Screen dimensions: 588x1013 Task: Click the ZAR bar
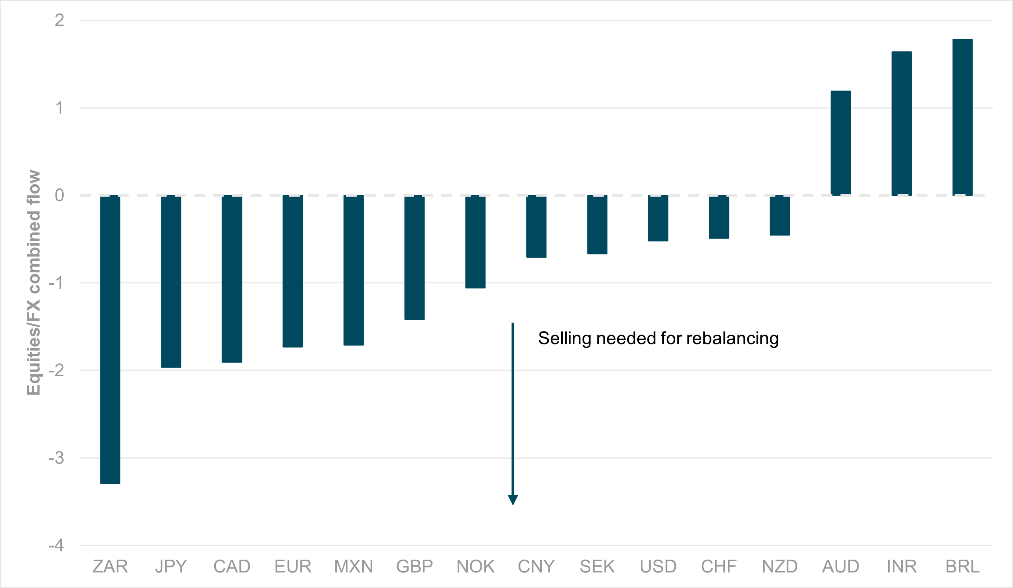[x=110, y=339]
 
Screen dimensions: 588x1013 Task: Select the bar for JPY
[x=171, y=281]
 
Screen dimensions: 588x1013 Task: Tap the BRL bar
[x=963, y=117]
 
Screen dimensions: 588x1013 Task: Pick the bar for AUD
[x=841, y=143]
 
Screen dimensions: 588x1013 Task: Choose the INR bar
[x=902, y=123]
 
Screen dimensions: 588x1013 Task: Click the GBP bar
[x=415, y=258]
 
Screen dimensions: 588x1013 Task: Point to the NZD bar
[x=780, y=215]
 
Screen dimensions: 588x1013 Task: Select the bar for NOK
[x=475, y=241]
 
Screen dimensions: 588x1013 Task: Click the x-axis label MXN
[x=354, y=566]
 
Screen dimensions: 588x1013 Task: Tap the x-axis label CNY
[x=536, y=566]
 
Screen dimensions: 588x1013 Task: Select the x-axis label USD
[x=658, y=566]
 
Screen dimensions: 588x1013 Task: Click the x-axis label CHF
[x=719, y=566]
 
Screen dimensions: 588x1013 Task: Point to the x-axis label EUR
[x=293, y=566]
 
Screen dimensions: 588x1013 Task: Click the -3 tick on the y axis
[x=56, y=458]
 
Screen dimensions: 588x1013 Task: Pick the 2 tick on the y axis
[x=59, y=20]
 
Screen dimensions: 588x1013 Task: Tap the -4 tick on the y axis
[x=56, y=545]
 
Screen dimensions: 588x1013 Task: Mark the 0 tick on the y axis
[x=59, y=195]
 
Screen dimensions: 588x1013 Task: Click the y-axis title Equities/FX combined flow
[x=33, y=283]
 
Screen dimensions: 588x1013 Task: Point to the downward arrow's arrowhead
[x=513, y=499]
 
